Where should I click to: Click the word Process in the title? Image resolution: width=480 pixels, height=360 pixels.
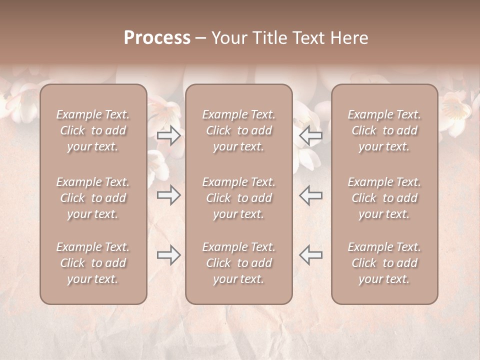click(x=157, y=38)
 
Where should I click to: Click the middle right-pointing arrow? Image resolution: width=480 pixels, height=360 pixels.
click(x=168, y=195)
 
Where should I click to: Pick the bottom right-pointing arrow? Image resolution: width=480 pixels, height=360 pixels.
click(x=168, y=255)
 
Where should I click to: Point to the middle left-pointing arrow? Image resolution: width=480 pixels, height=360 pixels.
click(x=310, y=195)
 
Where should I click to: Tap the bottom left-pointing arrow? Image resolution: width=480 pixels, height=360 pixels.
click(x=310, y=255)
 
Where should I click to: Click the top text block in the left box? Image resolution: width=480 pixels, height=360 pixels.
click(x=93, y=130)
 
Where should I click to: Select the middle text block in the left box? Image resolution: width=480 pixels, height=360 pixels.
click(x=93, y=198)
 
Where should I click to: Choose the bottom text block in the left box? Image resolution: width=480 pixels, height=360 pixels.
click(x=93, y=263)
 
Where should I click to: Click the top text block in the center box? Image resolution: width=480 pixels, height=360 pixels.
click(x=239, y=130)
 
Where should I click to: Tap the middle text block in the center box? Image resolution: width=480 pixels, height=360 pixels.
click(x=239, y=198)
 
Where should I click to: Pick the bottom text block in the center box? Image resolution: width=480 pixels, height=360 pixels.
click(x=239, y=263)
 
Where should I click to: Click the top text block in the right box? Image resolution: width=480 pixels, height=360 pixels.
click(x=384, y=130)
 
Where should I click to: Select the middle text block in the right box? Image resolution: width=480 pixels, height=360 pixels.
click(x=384, y=198)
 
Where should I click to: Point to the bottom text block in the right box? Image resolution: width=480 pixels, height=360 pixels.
click(x=384, y=263)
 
